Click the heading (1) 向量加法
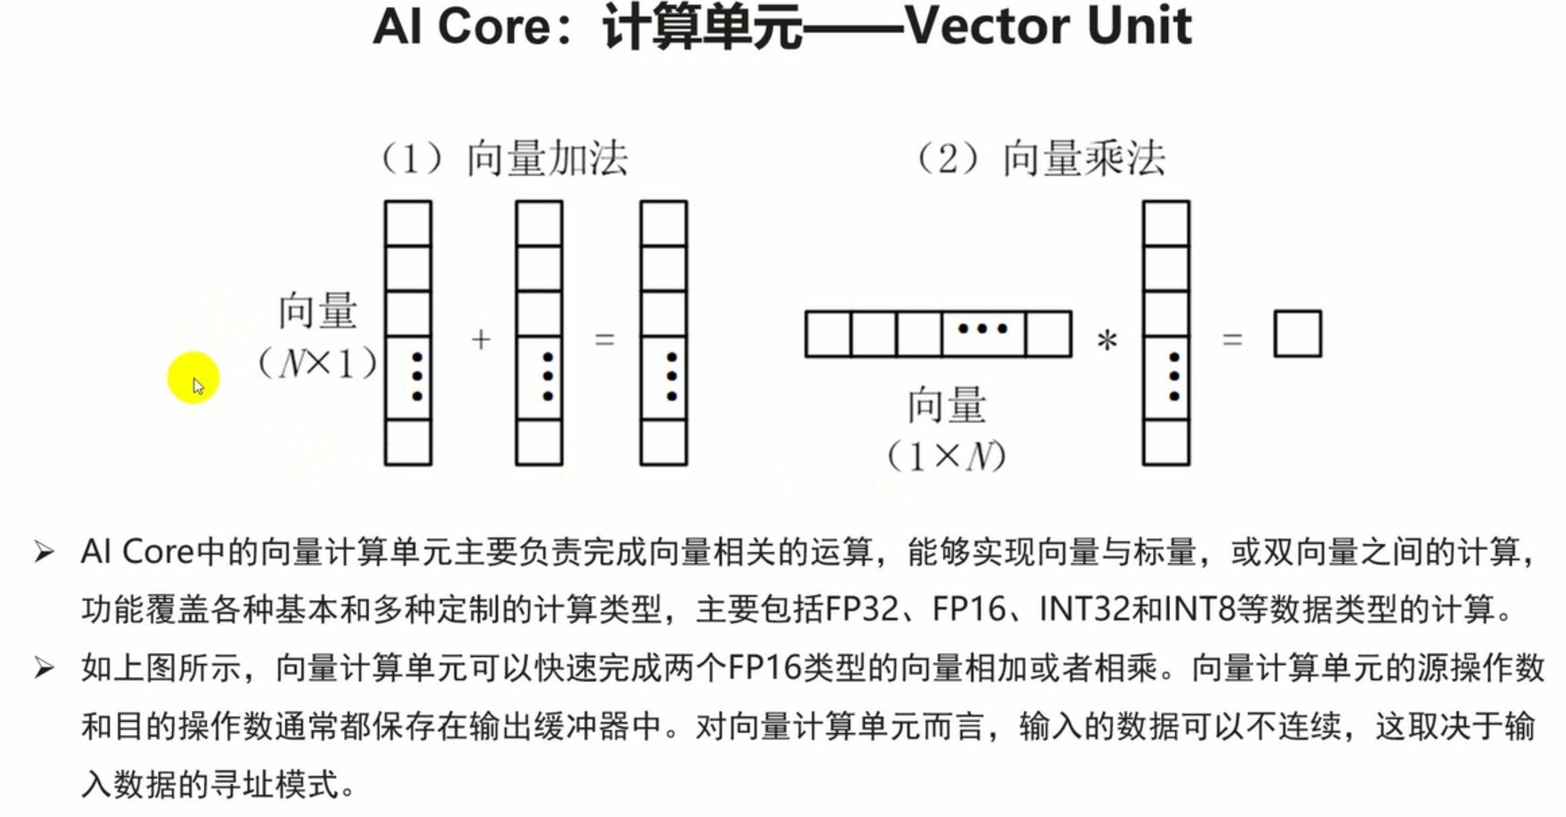click(x=504, y=159)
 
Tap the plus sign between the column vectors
click(x=481, y=339)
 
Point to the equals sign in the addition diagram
click(x=605, y=339)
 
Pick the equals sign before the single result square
click(x=1232, y=339)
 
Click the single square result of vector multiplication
click(x=1298, y=334)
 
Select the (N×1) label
click(x=318, y=365)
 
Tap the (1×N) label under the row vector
click(x=946, y=457)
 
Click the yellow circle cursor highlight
click(x=193, y=377)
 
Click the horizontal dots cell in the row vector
click(x=983, y=334)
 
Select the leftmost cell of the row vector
click(x=829, y=334)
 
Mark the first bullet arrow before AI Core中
click(x=44, y=553)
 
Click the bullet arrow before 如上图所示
click(x=44, y=669)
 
